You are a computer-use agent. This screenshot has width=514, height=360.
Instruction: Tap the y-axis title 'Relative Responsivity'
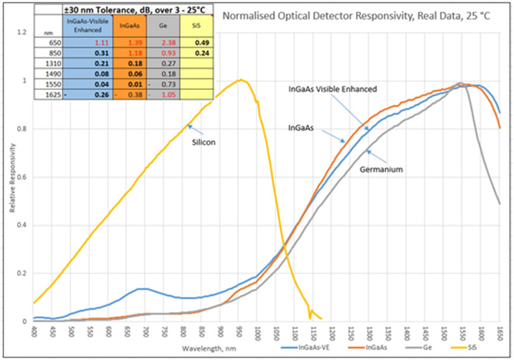[12, 177]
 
